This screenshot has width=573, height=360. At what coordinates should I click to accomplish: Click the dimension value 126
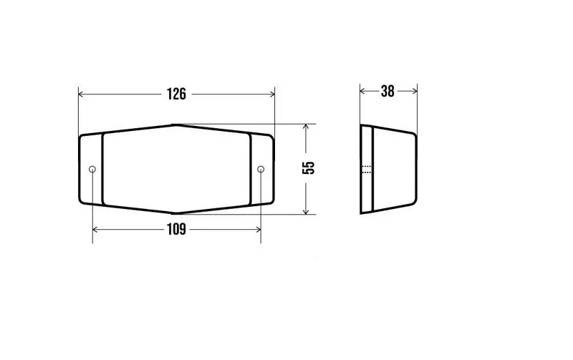pos(176,94)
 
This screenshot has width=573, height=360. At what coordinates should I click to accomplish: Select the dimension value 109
pos(176,229)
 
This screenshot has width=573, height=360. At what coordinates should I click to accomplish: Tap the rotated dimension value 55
pos(309,167)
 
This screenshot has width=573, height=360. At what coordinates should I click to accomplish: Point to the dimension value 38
pos(387,92)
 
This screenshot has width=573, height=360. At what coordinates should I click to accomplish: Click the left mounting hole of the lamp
pos(92,169)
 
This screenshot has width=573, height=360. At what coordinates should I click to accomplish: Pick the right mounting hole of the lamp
pos(261,169)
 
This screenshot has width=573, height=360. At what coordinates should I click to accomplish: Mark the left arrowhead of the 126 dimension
pos(81,94)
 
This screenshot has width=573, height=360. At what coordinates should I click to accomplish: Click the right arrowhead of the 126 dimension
pos(272,94)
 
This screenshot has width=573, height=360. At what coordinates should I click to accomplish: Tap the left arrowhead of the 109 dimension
pos(95,230)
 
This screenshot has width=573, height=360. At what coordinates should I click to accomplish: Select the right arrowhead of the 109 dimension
pos(258,230)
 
